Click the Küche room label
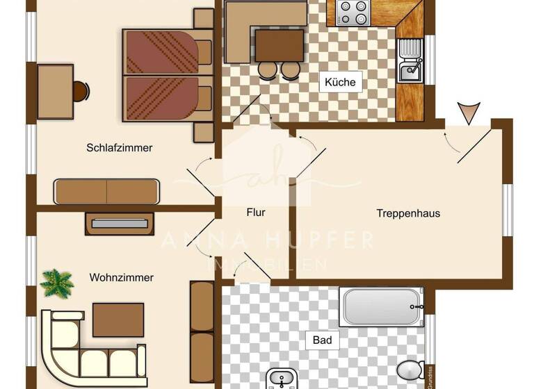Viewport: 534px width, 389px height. pos(340,82)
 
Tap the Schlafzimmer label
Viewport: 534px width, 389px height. pos(120,148)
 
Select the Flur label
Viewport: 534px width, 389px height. pos(256,213)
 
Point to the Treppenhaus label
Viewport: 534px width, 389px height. pos(408,213)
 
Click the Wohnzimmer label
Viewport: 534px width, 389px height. pos(122,278)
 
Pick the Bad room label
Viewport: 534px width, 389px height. pos(322,340)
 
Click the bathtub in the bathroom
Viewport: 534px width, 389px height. pos(382,306)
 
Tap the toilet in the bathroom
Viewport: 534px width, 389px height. pos(411,370)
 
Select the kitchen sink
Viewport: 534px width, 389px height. pos(410,61)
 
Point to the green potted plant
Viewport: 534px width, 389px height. pos(57,283)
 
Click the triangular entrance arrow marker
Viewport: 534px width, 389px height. pos(469,112)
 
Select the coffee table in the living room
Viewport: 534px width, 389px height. pos(118,320)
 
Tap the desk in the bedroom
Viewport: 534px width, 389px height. pos(55,91)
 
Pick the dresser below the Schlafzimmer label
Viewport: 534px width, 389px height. pos(107,192)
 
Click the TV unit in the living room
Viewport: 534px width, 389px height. pos(120,224)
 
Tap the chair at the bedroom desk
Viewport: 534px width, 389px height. pos(81,91)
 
